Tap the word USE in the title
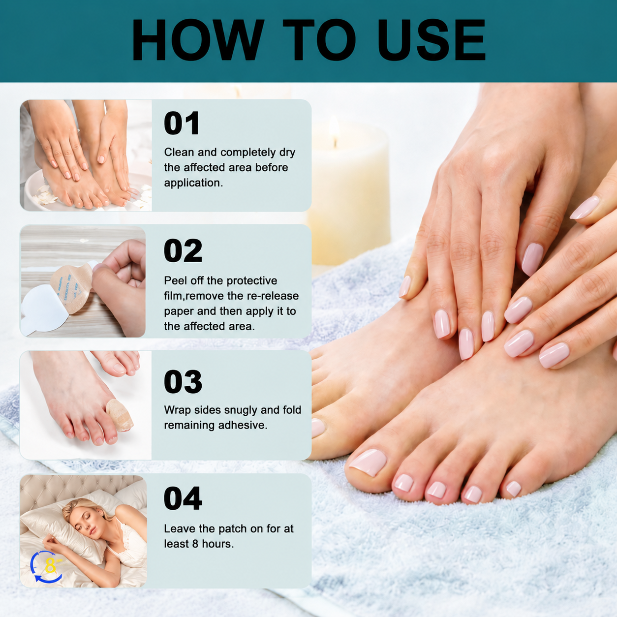432,39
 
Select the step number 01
182,123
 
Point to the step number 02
183,250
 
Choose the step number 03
183,381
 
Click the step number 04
183,498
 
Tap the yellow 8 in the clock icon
50,566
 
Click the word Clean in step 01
179,152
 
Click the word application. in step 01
193,183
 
